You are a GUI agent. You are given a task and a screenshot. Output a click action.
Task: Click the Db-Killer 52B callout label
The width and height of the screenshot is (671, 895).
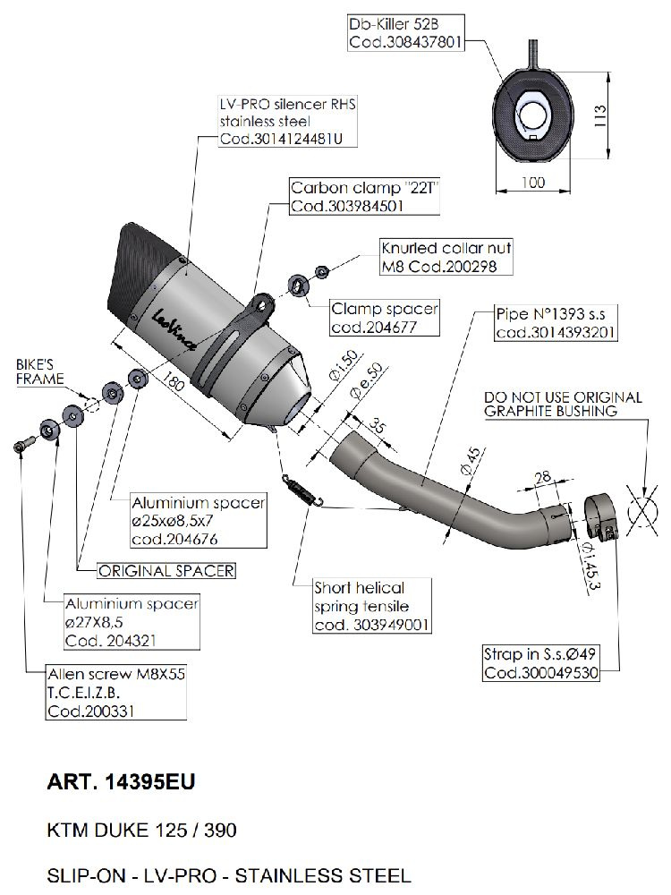pos(404,33)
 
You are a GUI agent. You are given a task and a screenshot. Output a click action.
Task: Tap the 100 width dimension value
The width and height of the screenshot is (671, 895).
pos(532,183)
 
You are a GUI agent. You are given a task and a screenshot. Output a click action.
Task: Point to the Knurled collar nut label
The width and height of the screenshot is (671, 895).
pos(445,257)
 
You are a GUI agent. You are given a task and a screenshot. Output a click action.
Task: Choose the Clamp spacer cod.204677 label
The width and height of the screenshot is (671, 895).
pos(385,318)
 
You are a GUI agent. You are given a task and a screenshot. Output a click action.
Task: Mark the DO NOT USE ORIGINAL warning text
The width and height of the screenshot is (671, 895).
pos(563,404)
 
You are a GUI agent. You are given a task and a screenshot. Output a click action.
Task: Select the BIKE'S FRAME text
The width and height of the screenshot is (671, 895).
pos(39,372)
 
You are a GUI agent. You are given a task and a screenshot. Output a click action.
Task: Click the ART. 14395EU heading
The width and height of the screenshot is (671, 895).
pos(120,782)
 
